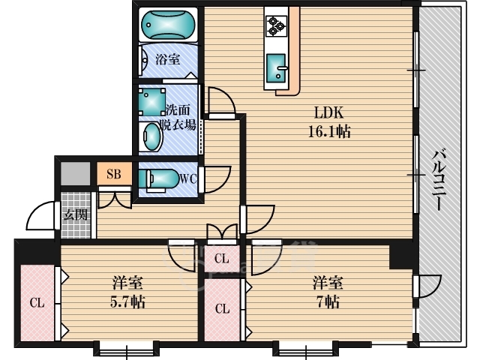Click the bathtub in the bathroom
click(x=168, y=25)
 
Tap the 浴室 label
click(x=168, y=59)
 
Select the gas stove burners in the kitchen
click(x=277, y=26)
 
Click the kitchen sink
click(x=277, y=68)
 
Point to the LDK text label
click(x=328, y=112)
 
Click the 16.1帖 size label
click(x=329, y=132)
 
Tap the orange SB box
click(x=114, y=173)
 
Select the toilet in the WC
click(x=158, y=179)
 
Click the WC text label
click(x=188, y=178)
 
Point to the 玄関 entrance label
click(x=75, y=215)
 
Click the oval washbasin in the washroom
click(x=152, y=136)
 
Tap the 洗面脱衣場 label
click(x=178, y=117)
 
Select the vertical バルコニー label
click(x=439, y=180)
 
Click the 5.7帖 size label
click(x=127, y=302)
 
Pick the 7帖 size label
click(x=328, y=302)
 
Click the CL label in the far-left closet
click(x=37, y=303)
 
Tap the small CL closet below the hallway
click(x=222, y=259)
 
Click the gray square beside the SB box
click(x=76, y=173)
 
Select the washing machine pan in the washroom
click(x=152, y=102)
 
